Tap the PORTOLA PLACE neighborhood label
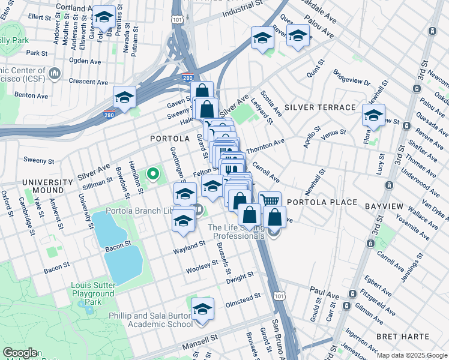point(323,202)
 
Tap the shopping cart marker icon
point(271,200)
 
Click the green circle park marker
point(153,175)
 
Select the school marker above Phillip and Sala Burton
point(203,308)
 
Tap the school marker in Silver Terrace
point(373,115)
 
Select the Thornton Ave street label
point(265,145)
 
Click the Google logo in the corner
point(20,353)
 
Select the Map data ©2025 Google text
point(412,355)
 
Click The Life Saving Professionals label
point(236,232)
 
